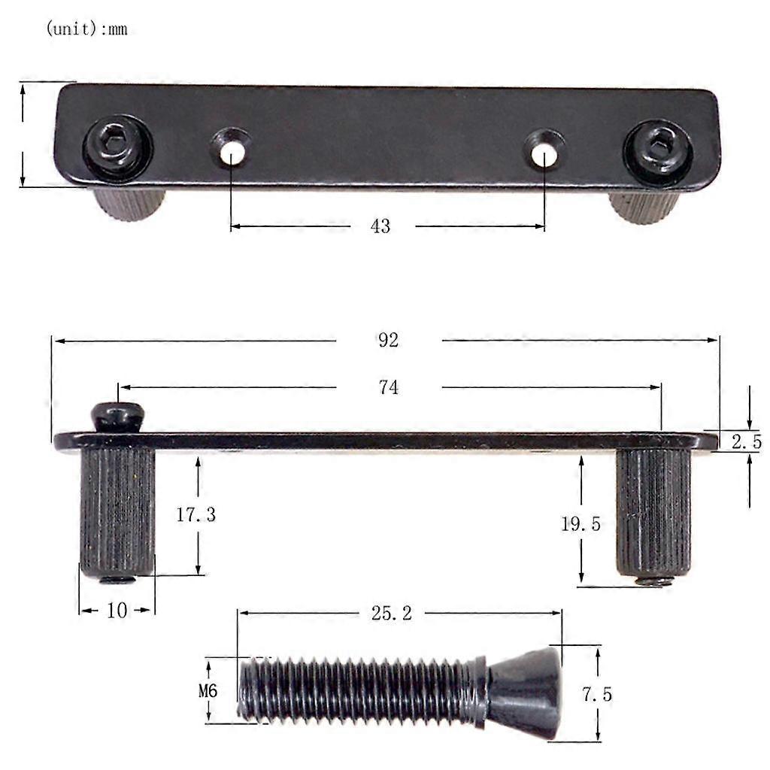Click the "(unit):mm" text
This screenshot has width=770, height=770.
[86, 30]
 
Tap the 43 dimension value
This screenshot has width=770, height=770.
[380, 226]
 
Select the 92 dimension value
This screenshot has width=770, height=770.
[388, 340]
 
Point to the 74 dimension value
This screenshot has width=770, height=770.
[388, 387]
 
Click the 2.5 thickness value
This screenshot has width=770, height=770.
[747, 442]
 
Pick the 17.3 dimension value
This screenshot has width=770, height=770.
[196, 515]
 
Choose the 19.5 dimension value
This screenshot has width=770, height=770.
[581, 524]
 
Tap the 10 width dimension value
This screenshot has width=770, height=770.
[117, 611]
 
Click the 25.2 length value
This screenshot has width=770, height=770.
[391, 614]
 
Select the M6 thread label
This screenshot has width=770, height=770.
[208, 690]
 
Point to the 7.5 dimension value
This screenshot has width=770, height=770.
[596, 695]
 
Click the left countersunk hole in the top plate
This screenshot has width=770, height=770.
[232, 150]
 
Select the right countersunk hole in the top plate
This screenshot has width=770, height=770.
[543, 151]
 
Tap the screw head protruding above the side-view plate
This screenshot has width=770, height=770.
[117, 416]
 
